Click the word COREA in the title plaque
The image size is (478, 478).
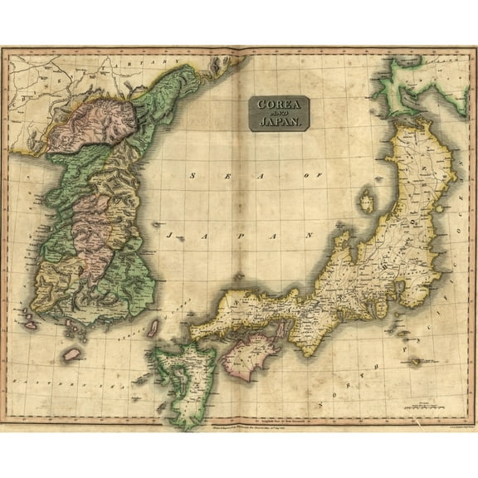pos(280,105)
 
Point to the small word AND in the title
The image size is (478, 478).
pos(280,114)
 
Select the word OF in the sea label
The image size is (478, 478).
pos(312,177)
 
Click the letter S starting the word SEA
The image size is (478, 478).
pos(193,176)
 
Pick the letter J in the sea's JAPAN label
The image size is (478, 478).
pos(169,235)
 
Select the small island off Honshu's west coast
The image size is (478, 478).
pos(366,200)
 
